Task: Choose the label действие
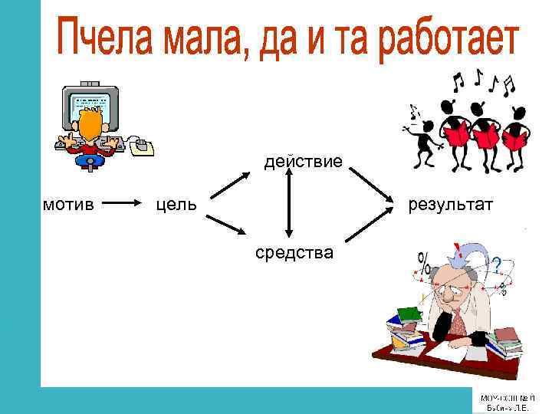(304, 162)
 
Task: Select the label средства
(294, 251)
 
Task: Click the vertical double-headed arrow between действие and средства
(288, 205)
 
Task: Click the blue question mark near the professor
(497, 265)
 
